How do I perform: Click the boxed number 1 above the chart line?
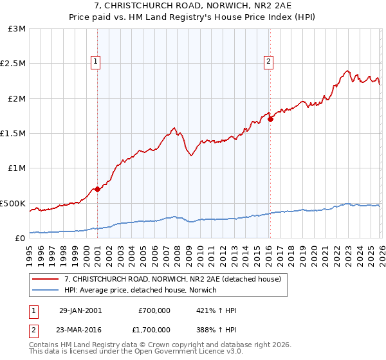[95, 62]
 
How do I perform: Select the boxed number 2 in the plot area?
[268, 62]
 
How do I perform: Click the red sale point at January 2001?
[97, 189]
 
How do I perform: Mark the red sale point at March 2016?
[270, 119]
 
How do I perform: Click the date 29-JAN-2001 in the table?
[80, 310]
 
